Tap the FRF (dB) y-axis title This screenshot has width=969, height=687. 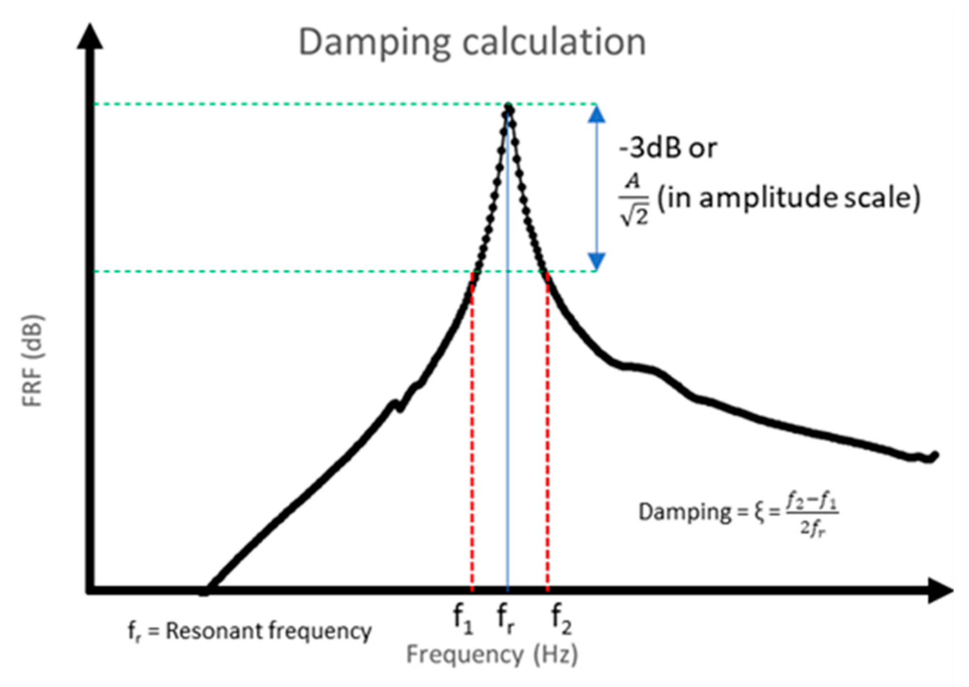tap(32, 360)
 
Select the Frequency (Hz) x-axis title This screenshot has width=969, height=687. tap(492, 654)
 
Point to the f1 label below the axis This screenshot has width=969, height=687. tap(463, 618)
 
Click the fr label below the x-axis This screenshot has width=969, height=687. tap(506, 618)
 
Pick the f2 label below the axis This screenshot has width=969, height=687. tap(561, 618)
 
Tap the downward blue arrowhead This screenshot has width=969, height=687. tap(596, 261)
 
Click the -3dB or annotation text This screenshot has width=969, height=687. tap(667, 149)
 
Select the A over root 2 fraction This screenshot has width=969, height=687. tap(634, 199)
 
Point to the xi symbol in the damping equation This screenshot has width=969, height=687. tap(759, 513)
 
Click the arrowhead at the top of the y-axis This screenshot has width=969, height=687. tap(90, 37)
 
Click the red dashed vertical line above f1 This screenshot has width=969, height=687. tap(472, 434)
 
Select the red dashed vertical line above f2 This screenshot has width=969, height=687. tap(548, 434)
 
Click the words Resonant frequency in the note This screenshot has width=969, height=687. tap(268, 631)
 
